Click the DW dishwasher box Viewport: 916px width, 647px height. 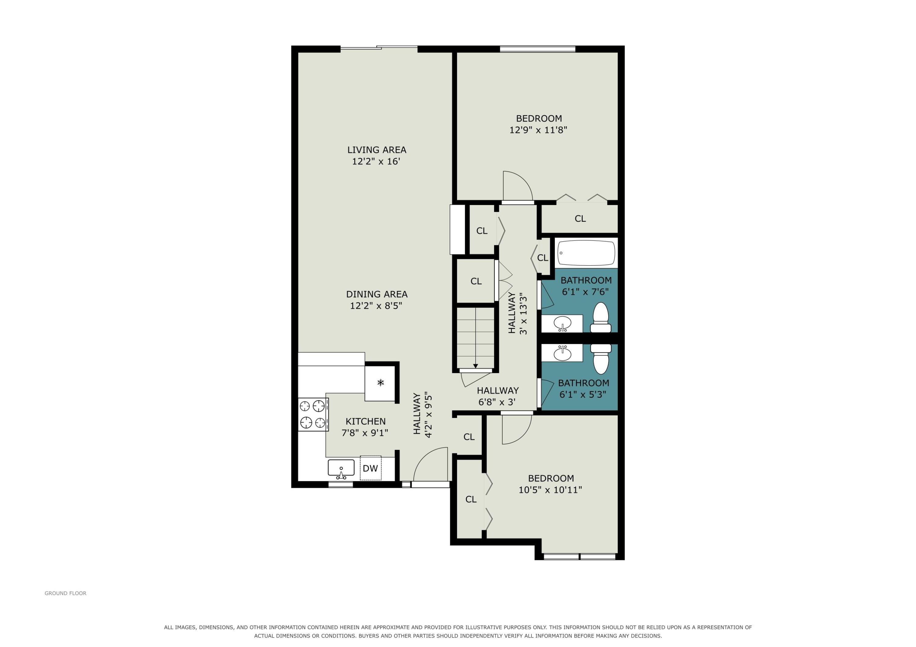[x=371, y=468]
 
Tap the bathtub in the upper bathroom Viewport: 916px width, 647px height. [x=586, y=253]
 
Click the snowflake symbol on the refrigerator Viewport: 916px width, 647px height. [x=381, y=383]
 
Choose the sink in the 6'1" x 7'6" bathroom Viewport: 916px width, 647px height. [x=562, y=323]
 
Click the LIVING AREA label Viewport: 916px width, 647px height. [x=376, y=150]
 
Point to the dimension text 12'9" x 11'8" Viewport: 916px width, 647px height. [x=538, y=130]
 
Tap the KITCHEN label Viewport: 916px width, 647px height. [x=365, y=421]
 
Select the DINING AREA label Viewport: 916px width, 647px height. [x=376, y=294]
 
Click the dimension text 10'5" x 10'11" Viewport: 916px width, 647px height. [x=550, y=490]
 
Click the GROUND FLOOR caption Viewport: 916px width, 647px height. [x=65, y=593]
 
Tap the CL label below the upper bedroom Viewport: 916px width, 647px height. [x=580, y=218]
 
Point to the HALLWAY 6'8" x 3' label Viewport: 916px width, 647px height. [x=497, y=396]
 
